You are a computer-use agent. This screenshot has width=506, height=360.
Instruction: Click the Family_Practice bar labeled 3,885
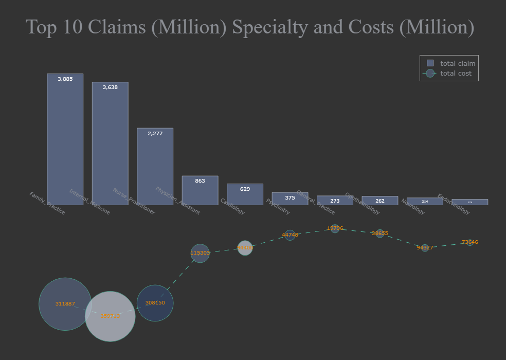65,139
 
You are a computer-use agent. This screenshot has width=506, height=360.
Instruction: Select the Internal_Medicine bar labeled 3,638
110,143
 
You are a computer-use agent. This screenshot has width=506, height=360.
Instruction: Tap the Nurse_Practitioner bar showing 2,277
155,167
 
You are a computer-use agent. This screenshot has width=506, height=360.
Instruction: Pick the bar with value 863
200,190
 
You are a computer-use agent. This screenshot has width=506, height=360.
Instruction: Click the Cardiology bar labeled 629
245,194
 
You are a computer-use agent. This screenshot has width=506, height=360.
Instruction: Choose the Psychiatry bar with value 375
290,199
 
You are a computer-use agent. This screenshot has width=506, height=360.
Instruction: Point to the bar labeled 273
335,201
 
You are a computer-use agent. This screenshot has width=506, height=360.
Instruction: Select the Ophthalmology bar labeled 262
380,201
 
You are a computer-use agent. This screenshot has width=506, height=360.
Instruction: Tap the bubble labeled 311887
65,304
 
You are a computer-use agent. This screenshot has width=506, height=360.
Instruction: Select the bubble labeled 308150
155,303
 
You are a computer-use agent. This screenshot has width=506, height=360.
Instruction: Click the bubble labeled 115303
200,253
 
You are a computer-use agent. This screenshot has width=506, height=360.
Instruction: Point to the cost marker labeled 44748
290,235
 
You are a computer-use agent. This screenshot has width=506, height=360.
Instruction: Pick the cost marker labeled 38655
380,233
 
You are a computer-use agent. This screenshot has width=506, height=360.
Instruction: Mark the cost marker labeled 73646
469,242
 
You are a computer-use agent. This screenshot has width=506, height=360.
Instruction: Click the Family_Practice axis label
47,203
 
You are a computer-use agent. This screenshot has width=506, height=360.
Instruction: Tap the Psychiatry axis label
278,207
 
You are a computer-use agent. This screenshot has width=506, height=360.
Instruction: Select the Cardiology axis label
232,206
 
